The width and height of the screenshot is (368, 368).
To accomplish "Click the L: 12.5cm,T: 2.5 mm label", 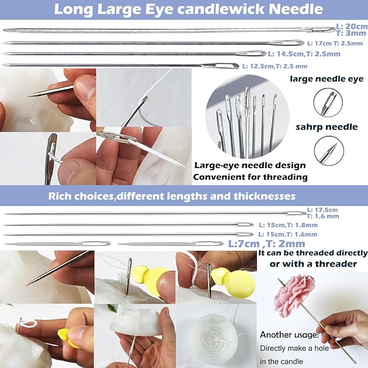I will click(x=275, y=66).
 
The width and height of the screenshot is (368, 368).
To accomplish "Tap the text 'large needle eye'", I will click(x=319, y=79).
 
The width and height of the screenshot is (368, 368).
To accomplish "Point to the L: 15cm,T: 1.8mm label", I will click(x=288, y=224).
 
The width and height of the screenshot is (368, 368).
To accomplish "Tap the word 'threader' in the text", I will click(x=337, y=264).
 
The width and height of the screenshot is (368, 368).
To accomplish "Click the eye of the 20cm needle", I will click(x=320, y=29).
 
